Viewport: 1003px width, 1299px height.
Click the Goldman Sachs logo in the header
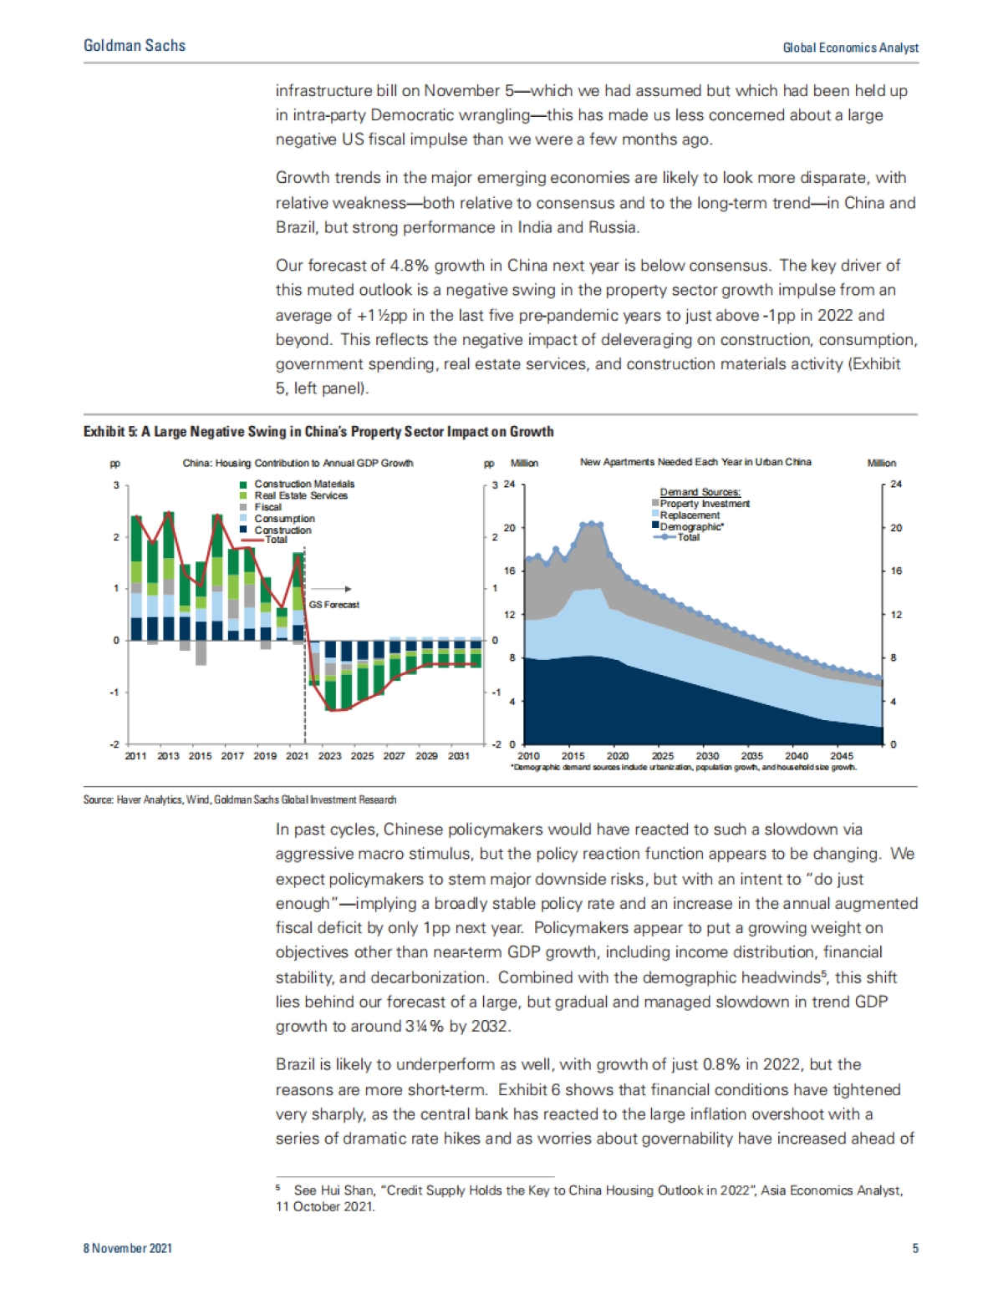(135, 46)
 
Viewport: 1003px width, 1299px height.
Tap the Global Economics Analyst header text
(850, 48)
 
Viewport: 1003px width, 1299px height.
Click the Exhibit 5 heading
(318, 432)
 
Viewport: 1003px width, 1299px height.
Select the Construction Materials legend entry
(303, 484)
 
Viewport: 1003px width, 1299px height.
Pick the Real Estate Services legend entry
(300, 495)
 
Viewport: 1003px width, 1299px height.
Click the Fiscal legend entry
(267, 507)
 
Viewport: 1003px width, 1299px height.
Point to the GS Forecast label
(334, 604)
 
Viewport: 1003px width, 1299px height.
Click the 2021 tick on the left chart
(298, 756)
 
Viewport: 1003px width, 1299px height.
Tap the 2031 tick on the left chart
(459, 756)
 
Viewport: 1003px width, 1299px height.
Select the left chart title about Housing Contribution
(298, 463)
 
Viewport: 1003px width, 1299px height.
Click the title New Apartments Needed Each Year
(695, 462)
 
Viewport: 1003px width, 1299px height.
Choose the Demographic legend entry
(691, 527)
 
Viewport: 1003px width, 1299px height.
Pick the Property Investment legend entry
(704, 504)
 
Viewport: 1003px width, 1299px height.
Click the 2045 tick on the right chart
(842, 756)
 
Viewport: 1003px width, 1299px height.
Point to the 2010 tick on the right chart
(528, 756)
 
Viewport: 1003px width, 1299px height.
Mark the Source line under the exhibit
(240, 799)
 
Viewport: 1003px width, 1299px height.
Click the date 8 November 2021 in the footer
(128, 1248)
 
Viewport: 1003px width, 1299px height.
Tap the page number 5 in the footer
(915, 1248)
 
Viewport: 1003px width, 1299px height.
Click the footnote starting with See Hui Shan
(589, 1198)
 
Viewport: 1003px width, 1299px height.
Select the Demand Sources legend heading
(700, 492)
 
